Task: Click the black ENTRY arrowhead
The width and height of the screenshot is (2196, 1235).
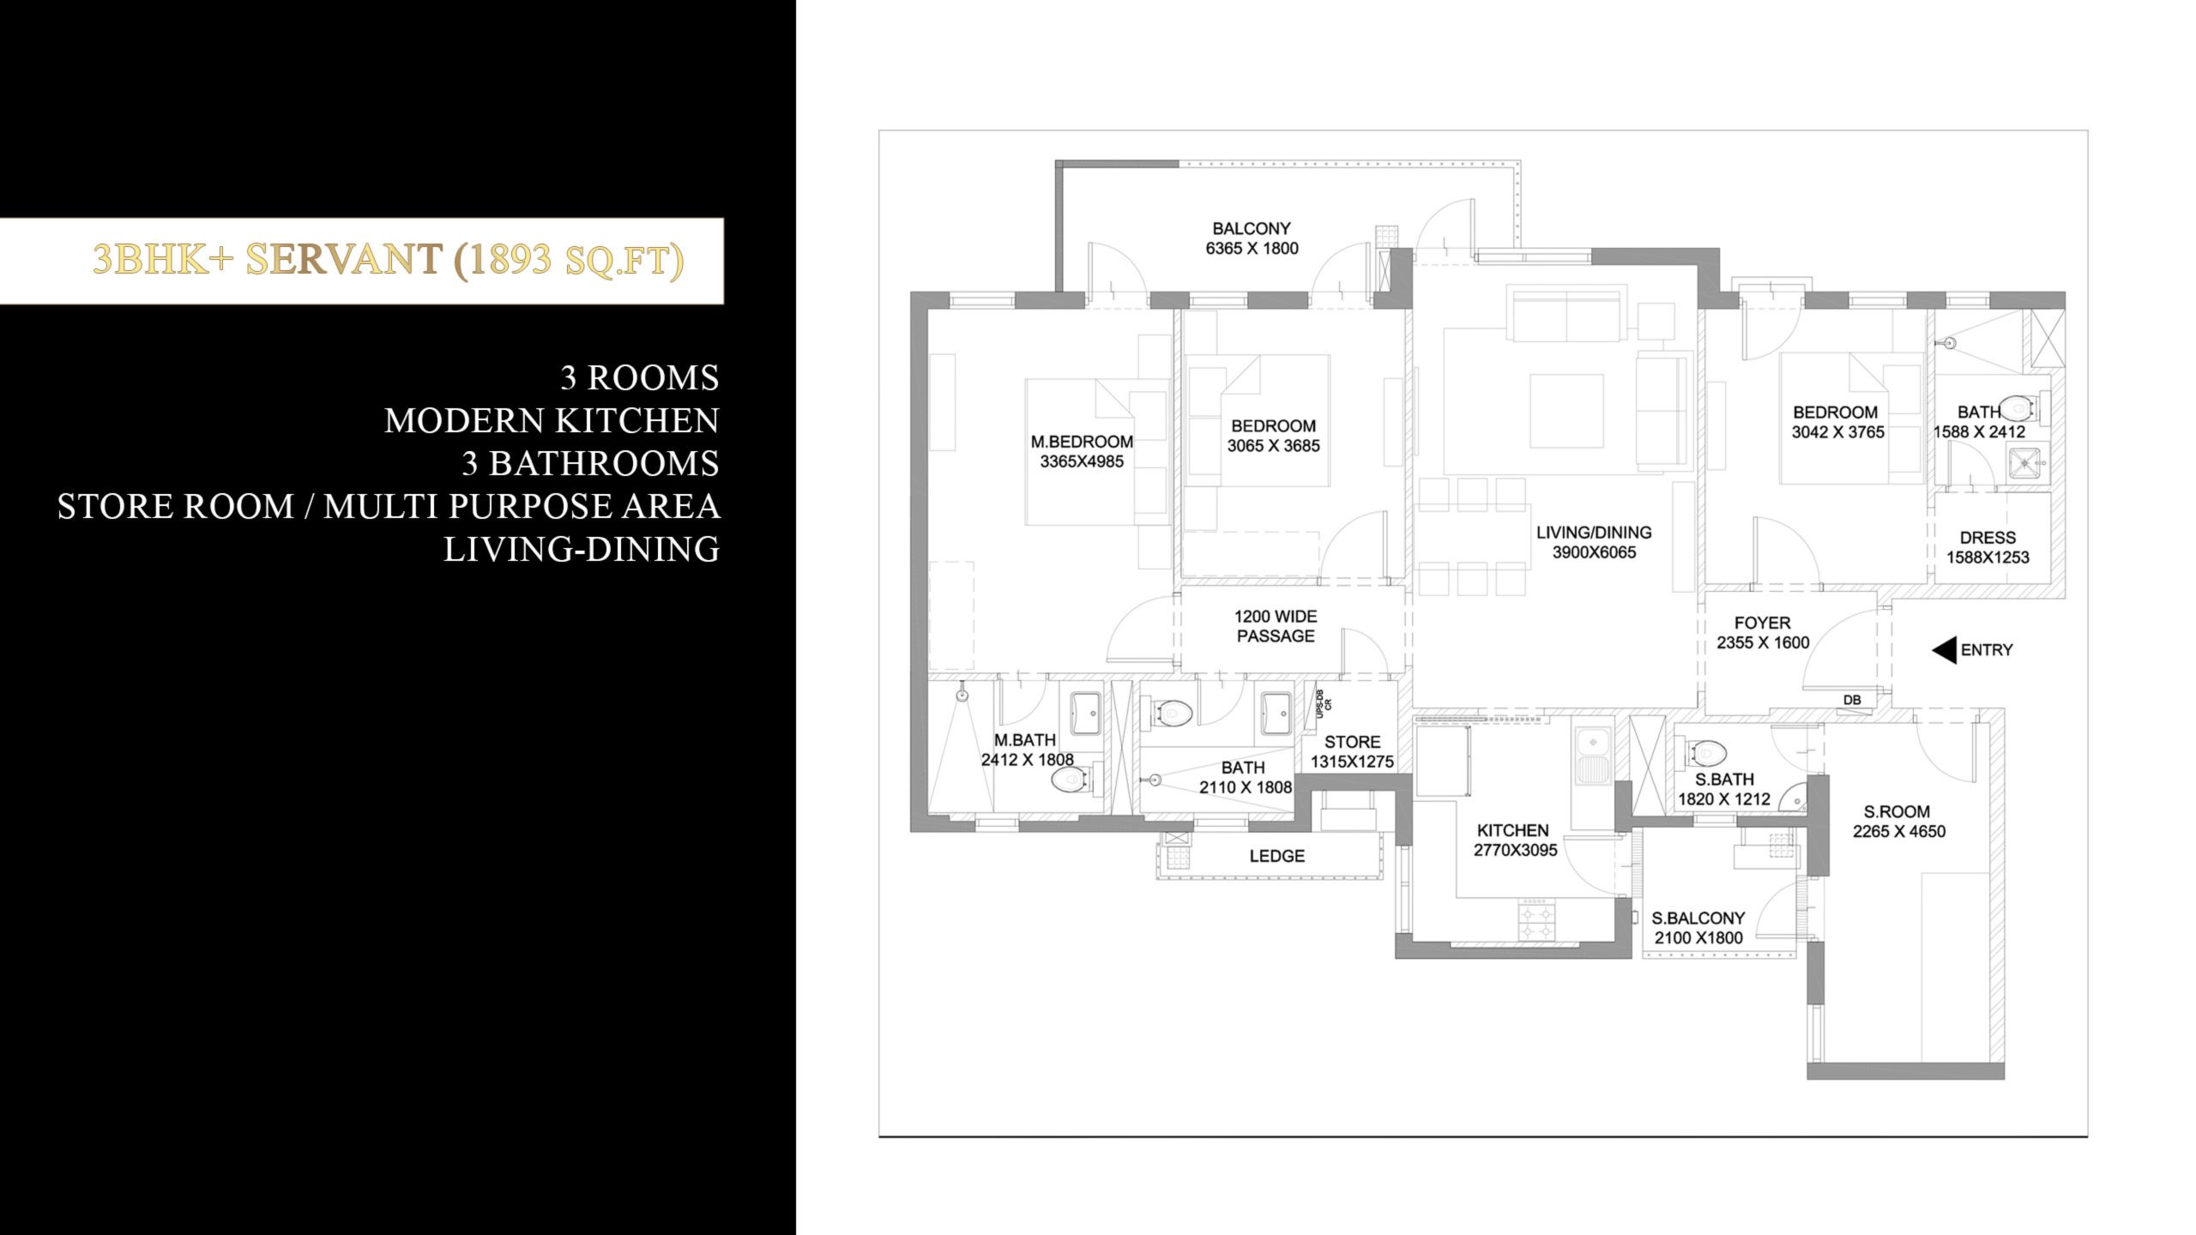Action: coord(1944,650)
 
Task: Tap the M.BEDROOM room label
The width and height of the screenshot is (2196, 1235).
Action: coord(1082,442)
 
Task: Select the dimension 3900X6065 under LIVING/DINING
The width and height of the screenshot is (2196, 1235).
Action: coord(1594,552)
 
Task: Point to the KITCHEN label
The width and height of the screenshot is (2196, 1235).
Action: coord(1512,830)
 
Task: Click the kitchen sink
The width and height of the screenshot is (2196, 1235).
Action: coord(1592,758)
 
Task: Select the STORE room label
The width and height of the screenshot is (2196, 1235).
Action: coord(1352,742)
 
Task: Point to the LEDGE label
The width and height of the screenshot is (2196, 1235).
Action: coord(1277,856)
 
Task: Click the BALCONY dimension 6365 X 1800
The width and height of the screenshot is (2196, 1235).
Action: coord(1252,249)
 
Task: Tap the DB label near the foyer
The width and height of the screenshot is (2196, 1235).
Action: coord(1852,700)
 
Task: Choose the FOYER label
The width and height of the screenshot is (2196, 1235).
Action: coord(1762,623)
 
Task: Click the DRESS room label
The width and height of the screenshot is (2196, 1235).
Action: coord(1988,538)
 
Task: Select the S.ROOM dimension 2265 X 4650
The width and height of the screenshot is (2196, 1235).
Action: coord(1899,831)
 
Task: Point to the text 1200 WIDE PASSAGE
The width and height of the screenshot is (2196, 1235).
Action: coord(1276,626)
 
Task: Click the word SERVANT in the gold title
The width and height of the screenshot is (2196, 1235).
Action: coord(343,260)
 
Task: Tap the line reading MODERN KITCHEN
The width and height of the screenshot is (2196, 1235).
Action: coord(552,420)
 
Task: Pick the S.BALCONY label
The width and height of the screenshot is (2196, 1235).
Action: coord(1698,918)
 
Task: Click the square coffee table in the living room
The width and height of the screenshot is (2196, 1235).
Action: coord(1566,411)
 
